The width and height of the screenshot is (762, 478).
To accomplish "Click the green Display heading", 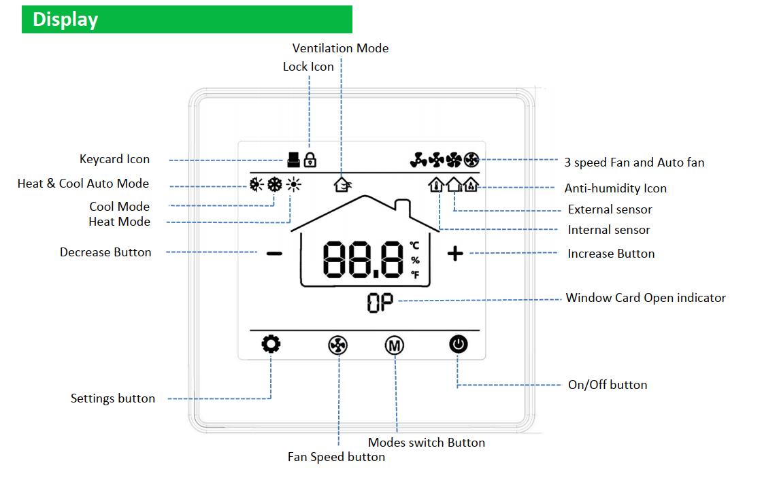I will click(186, 19).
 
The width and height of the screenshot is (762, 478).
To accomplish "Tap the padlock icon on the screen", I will click(310, 160).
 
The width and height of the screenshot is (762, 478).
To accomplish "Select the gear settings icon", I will click(271, 345).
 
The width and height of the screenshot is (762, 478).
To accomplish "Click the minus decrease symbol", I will click(274, 254).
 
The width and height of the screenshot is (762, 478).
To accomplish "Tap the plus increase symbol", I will click(455, 254).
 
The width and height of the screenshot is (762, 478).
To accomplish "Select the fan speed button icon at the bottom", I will click(338, 346).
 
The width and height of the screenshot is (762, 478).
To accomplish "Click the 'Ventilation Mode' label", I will click(340, 48).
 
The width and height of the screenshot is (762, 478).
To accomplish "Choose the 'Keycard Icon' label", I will click(114, 159).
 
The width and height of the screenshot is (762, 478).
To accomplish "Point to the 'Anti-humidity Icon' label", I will click(615, 188).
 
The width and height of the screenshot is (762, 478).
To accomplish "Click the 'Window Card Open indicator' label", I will click(646, 298).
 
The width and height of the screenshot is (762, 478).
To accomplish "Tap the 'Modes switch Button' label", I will click(427, 443).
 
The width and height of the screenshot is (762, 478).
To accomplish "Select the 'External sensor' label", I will click(610, 209).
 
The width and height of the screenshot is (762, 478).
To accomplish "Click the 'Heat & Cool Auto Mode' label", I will click(83, 184).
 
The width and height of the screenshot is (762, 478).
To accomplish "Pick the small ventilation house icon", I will click(342, 183).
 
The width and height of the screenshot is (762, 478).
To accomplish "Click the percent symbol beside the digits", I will click(415, 260).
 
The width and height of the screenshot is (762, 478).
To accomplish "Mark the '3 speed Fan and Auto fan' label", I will click(634, 163).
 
